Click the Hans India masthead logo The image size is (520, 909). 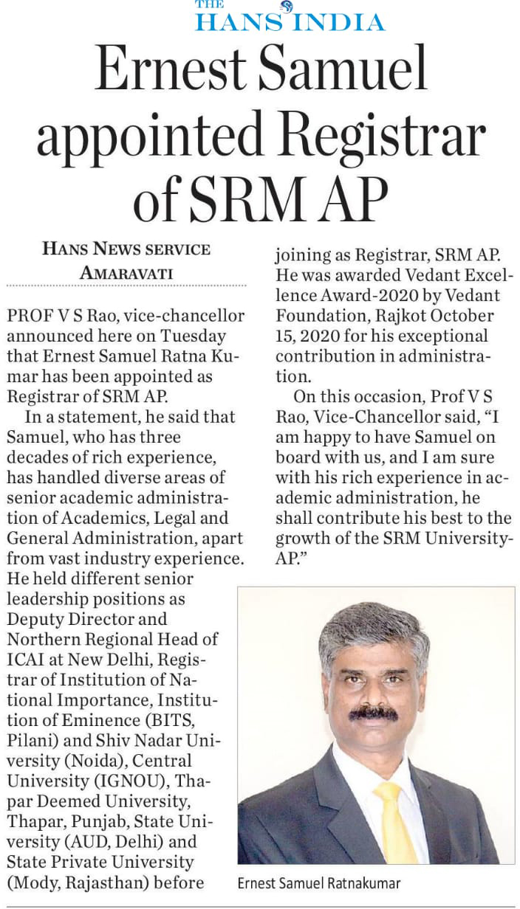(290, 16)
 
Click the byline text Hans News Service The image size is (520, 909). (126, 249)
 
